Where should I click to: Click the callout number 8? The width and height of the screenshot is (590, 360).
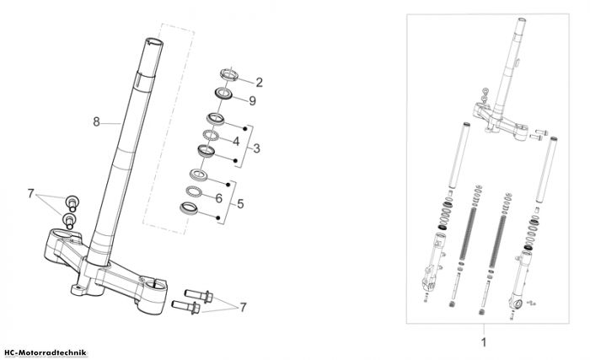(x=97, y=121)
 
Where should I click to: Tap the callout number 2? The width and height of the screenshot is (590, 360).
(x=259, y=83)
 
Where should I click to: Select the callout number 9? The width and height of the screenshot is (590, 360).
(x=253, y=100)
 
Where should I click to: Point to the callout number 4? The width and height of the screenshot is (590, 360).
(x=236, y=141)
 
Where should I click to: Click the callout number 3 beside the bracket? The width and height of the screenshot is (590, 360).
(x=256, y=148)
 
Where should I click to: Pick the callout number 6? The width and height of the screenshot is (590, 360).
(x=218, y=198)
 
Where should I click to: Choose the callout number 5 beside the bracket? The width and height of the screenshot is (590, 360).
(x=240, y=204)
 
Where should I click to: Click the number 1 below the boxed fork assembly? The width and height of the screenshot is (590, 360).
(x=484, y=342)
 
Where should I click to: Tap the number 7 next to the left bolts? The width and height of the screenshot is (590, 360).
(x=31, y=194)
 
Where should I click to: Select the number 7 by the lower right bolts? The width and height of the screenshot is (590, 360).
(x=243, y=307)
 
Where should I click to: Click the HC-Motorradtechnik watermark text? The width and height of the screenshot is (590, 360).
(x=46, y=353)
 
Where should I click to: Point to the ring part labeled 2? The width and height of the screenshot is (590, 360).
(x=229, y=74)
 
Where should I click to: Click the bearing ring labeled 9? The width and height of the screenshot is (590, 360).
(x=223, y=94)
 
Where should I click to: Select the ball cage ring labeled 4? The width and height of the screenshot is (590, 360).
(x=211, y=135)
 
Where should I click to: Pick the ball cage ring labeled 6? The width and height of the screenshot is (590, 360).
(x=194, y=191)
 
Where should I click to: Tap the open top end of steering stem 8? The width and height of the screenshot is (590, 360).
(x=154, y=42)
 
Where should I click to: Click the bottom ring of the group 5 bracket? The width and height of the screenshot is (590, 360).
(x=189, y=208)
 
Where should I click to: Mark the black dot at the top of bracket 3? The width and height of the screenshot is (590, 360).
(x=245, y=129)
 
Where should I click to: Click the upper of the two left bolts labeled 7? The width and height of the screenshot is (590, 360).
(x=72, y=202)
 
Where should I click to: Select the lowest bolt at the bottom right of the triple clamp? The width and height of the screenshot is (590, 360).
(x=186, y=307)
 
